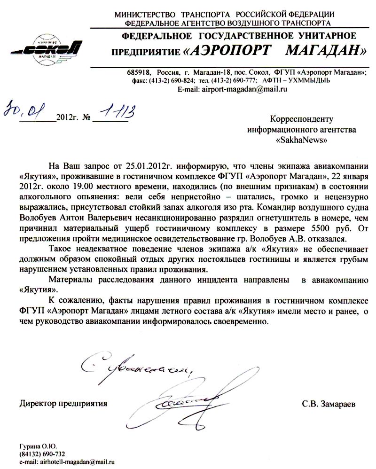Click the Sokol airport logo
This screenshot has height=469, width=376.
click(47, 46)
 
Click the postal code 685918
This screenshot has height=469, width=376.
click(138, 72)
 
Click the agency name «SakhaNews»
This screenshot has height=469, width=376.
click(301, 140)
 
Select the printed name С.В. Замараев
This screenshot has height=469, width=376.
click(329, 403)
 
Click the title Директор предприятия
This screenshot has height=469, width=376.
click(63, 403)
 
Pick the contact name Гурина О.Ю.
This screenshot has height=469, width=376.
click(38, 446)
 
